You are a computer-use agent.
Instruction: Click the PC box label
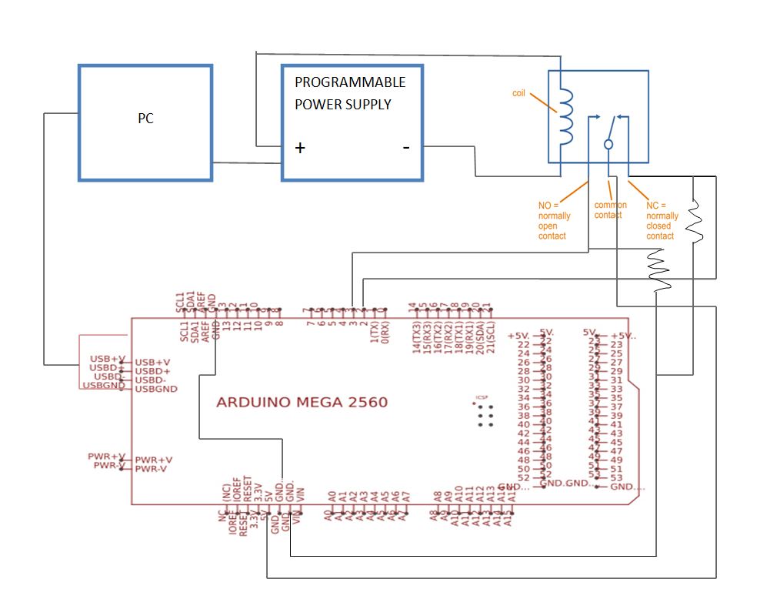[x=145, y=119]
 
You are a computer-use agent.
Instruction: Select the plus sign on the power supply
[x=300, y=149]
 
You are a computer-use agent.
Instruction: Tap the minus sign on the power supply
[x=405, y=148]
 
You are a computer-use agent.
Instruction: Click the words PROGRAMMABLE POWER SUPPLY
[x=350, y=93]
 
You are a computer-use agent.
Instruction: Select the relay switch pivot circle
[x=608, y=144]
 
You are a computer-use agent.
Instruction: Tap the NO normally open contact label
[x=554, y=221]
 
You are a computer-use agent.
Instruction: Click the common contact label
[x=610, y=210]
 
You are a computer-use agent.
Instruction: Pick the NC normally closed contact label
[x=662, y=221]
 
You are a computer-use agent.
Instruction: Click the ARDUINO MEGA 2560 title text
[x=302, y=402]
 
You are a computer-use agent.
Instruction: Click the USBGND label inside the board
[x=156, y=389]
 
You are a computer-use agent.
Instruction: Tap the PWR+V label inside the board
[x=152, y=460]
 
